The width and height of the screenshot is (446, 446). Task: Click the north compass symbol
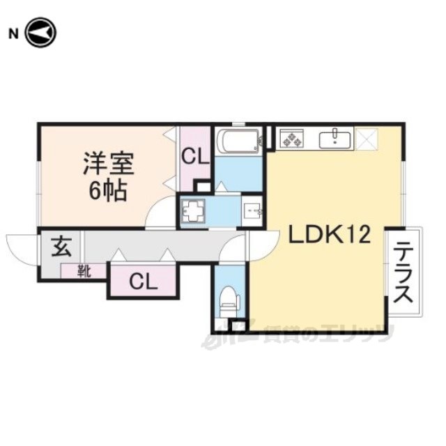click(x=40, y=33)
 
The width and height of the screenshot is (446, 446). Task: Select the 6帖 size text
click(x=107, y=190)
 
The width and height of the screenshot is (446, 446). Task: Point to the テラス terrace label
click(x=403, y=271)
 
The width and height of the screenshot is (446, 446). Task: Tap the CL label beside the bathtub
click(x=195, y=157)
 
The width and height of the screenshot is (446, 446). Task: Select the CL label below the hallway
click(x=142, y=282)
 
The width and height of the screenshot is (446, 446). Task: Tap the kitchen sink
click(x=336, y=137)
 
